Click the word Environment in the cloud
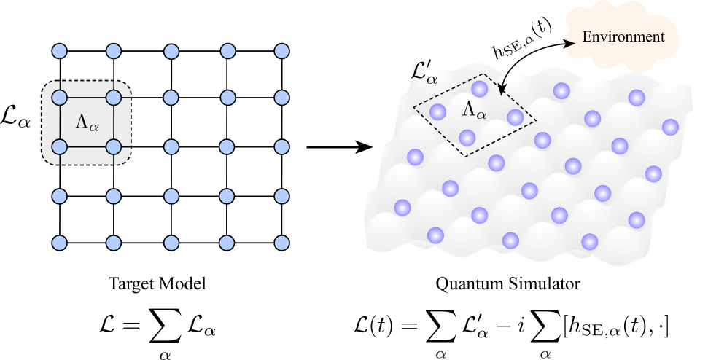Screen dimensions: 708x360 [x=623, y=36]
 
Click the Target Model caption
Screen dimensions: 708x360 [x=157, y=283]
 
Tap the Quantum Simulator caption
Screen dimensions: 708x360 [x=507, y=283]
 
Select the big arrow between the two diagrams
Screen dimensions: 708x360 [x=340, y=147]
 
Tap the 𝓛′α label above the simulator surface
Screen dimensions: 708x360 [x=424, y=72]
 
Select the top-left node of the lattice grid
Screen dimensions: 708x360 [x=60, y=51]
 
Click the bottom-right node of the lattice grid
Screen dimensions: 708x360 [x=281, y=243]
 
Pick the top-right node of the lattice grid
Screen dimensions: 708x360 [x=281, y=51]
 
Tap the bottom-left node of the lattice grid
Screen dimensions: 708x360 [x=60, y=243]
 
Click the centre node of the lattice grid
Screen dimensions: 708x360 [x=171, y=147]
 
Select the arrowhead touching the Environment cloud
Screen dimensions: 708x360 [x=569, y=42]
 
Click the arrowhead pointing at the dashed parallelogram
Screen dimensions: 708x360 [x=500, y=90]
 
